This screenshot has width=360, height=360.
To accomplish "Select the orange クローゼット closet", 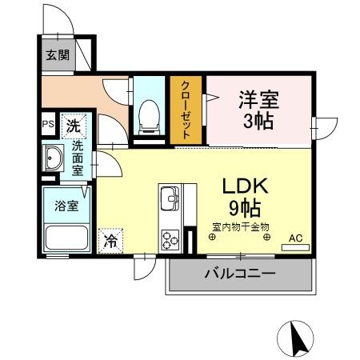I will (186, 110).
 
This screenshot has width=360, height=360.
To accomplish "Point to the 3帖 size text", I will (258, 123).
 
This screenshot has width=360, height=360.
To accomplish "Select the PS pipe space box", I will (48, 126).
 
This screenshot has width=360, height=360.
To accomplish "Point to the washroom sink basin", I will (54, 159).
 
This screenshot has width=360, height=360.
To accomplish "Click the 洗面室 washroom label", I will (78, 158).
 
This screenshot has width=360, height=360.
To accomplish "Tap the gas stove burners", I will (170, 238).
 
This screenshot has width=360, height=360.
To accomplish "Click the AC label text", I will (295, 238).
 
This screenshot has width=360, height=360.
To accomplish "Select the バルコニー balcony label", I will (240, 273).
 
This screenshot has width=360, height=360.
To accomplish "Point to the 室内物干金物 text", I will (241, 226).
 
